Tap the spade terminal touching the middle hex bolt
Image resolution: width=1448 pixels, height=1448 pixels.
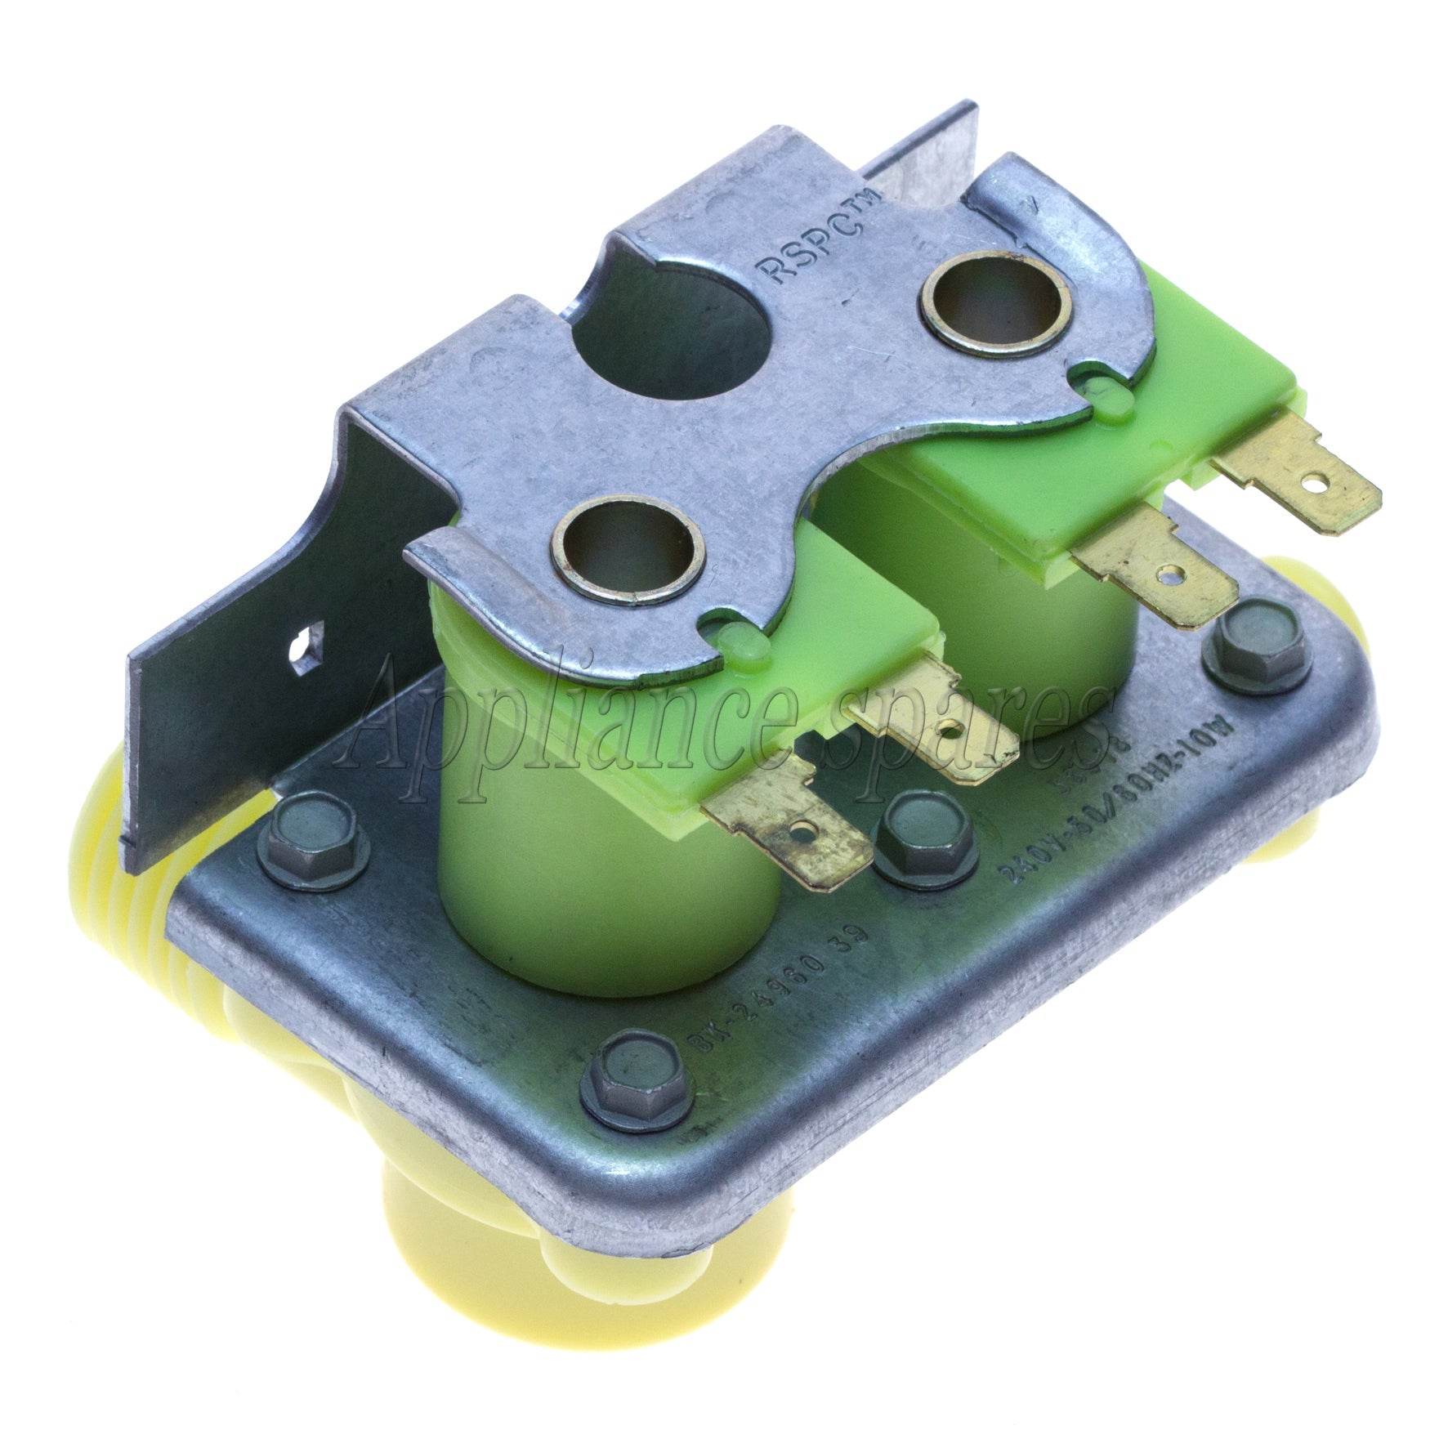click(784, 833)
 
